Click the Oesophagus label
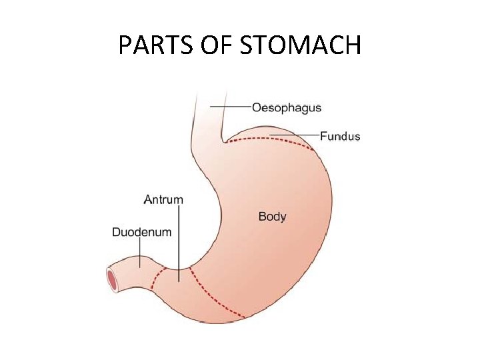(287, 107)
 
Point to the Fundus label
(340, 137)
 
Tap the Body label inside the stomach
(272, 216)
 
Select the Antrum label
(163, 199)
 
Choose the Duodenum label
(141, 233)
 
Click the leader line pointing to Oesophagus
(230, 107)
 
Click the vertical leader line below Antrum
(179, 243)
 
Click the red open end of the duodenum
(112, 280)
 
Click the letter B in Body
(261, 216)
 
